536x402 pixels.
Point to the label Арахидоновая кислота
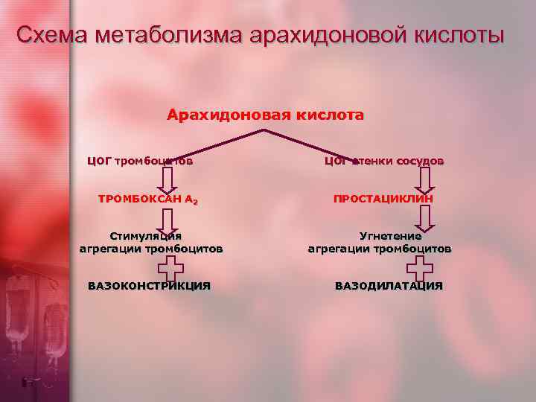[x=266, y=115]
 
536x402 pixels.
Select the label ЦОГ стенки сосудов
[x=384, y=160]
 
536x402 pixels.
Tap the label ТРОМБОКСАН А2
[x=148, y=200]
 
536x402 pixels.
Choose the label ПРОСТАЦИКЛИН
[x=383, y=200]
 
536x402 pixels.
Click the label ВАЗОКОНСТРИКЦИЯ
[x=149, y=286]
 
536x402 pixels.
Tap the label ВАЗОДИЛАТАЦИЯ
[x=389, y=286]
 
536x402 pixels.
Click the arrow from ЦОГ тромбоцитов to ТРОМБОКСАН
[x=167, y=179]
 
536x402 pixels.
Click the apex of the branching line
[x=264, y=130]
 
